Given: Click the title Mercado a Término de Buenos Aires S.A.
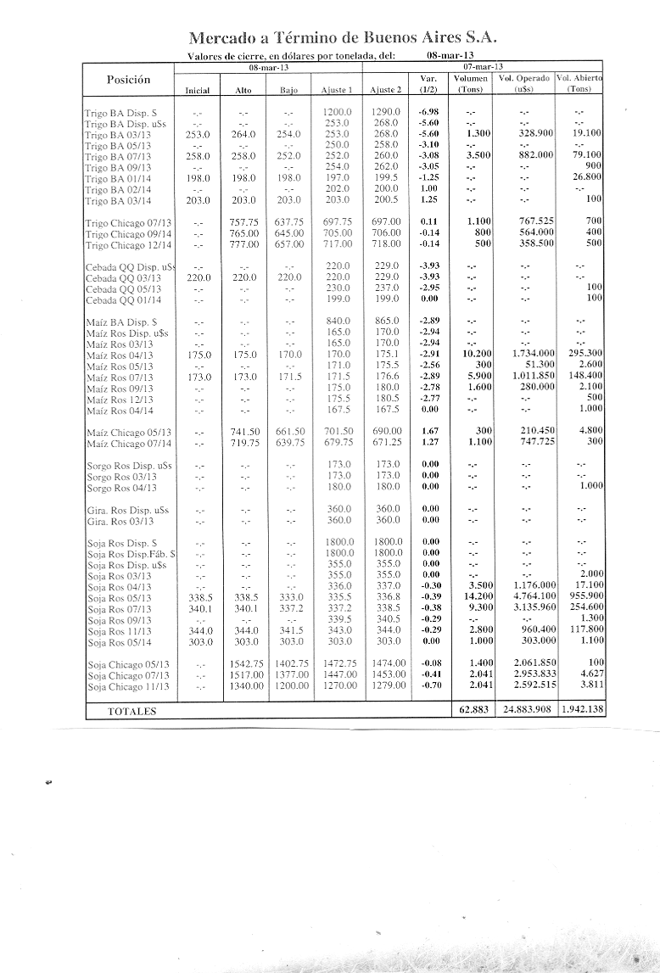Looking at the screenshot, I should [x=342, y=38].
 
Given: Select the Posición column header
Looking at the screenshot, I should [x=128, y=79].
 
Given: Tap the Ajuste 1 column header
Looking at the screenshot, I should [x=337, y=89].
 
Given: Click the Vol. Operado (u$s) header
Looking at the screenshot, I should [x=523, y=82].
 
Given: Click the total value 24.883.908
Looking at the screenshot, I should [x=523, y=710].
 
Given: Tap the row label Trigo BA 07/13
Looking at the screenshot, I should [x=119, y=156].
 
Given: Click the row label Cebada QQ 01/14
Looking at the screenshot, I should [x=124, y=300].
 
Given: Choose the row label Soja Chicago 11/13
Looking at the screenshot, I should [x=128, y=686].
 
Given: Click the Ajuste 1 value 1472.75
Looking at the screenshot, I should [x=337, y=664].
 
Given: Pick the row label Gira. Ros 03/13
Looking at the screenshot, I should [x=120, y=521].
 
